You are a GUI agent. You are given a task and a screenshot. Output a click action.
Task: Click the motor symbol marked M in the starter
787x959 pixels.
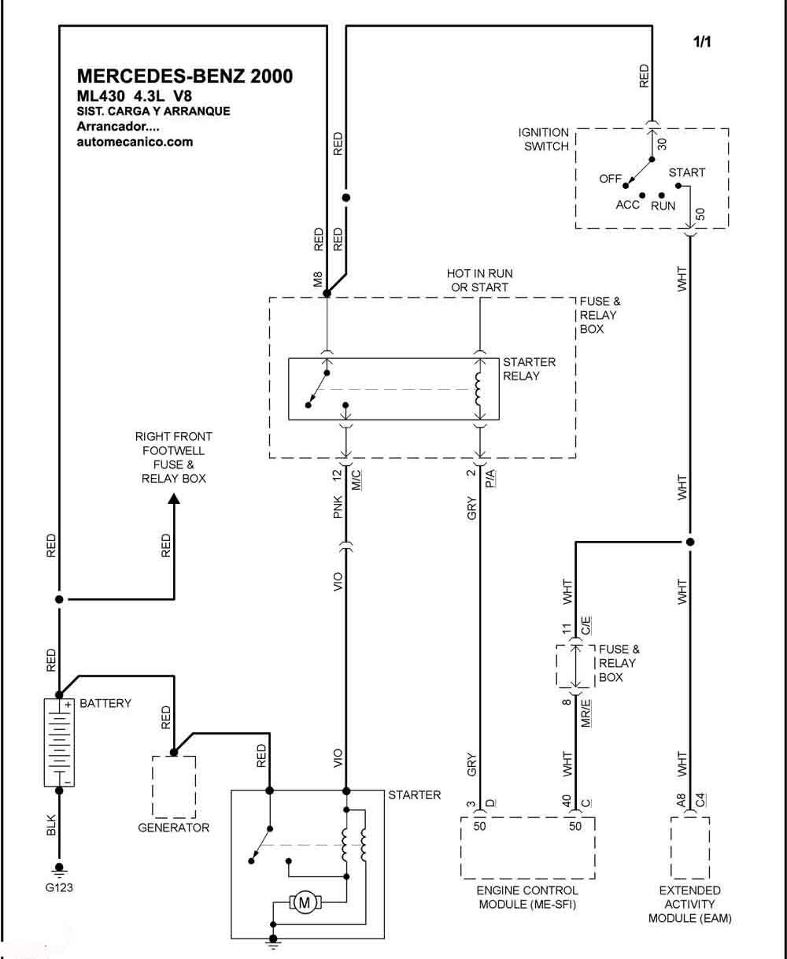point(305,902)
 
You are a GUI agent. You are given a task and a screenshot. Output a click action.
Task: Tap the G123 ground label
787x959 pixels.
point(59,887)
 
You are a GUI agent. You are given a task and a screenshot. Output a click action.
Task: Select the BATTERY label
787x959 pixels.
point(105,703)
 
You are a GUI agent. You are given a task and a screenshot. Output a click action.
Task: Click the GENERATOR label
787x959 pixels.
point(174,828)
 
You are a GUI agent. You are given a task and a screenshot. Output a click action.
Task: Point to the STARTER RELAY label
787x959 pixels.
point(529,368)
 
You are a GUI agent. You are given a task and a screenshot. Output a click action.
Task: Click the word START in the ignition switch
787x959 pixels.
point(686,172)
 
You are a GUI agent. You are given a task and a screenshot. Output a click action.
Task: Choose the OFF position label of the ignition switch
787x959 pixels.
point(610,179)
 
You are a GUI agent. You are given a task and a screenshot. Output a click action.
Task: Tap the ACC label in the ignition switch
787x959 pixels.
point(627,205)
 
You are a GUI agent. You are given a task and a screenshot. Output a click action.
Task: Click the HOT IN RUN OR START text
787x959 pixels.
point(479,280)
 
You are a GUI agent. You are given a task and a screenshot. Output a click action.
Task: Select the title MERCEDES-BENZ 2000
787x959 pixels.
point(185,76)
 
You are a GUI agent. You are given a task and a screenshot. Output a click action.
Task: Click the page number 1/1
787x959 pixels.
point(702,42)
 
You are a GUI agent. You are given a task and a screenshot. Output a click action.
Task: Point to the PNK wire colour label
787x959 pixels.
point(338,506)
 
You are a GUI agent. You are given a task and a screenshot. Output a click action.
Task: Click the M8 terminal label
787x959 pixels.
point(318,280)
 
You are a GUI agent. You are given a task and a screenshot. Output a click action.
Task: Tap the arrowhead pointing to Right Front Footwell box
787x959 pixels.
point(174,499)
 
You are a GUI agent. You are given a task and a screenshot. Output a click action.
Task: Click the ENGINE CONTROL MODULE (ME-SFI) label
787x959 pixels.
point(527,897)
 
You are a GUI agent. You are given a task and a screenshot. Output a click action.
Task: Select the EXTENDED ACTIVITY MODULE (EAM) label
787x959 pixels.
point(689,904)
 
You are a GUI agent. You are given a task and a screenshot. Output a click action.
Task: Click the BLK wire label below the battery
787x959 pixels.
point(51,825)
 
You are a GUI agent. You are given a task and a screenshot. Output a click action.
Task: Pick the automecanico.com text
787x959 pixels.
point(135,142)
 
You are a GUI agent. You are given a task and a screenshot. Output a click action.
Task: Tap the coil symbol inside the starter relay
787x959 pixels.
point(478,389)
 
